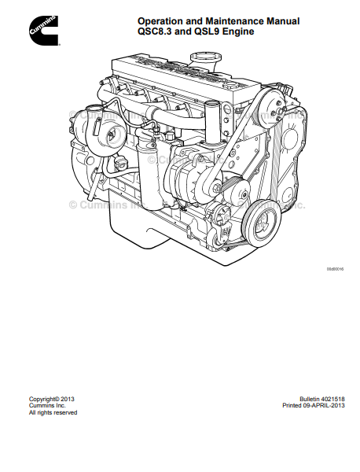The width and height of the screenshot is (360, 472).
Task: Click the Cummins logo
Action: pos(43,31)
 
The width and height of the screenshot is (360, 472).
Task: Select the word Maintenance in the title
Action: pos(236,21)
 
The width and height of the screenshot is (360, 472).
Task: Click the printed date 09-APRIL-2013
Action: pos(324,405)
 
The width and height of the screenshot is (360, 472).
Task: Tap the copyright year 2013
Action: pos(67,399)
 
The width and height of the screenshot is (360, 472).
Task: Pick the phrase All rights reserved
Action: pos(53,412)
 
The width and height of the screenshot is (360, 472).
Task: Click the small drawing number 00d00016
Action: pos(335,269)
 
